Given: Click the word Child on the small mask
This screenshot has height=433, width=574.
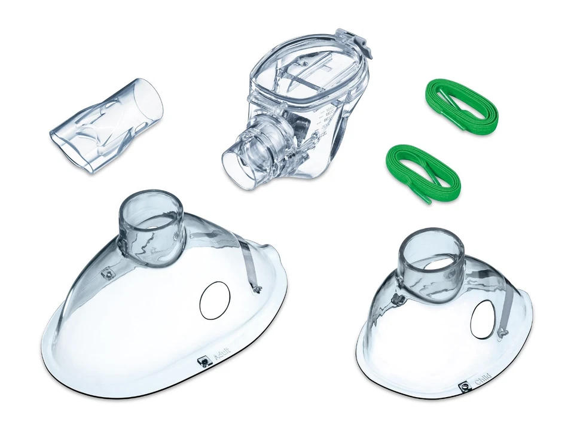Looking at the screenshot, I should tap(483, 381).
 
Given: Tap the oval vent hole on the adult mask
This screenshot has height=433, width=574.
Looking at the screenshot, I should tap(215, 300).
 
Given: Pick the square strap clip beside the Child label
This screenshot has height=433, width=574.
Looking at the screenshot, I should tap(463, 388).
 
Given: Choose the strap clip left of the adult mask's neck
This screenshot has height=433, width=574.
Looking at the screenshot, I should tap(108, 273).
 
